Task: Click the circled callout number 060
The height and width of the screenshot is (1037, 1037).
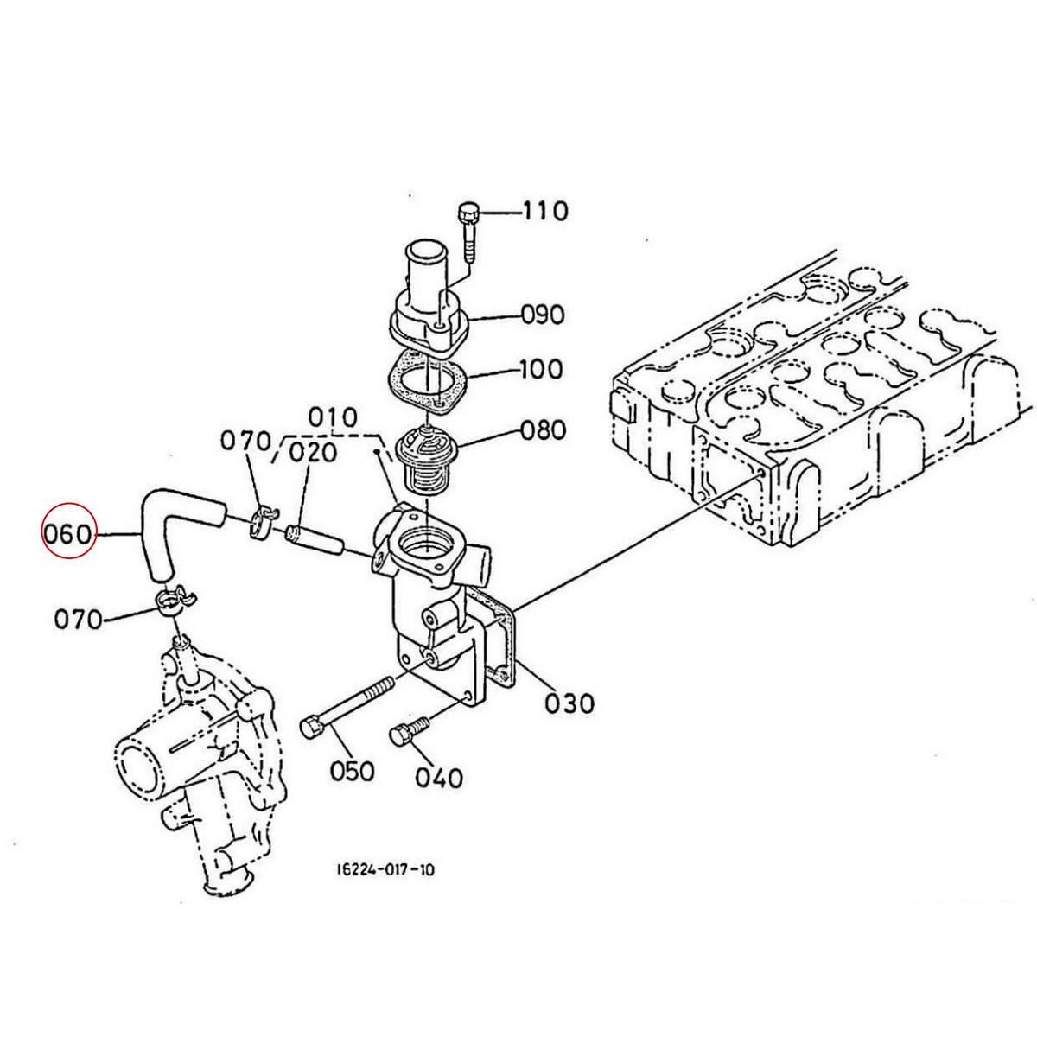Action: [69, 536]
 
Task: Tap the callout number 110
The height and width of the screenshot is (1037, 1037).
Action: [544, 211]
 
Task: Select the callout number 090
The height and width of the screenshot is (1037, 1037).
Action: [543, 315]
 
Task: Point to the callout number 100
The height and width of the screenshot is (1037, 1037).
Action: [541, 369]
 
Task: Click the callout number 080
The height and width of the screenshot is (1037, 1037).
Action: [543, 429]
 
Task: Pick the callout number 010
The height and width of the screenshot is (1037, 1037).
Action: [333, 417]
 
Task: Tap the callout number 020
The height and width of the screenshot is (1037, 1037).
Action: [313, 453]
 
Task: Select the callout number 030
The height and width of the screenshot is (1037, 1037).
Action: [569, 703]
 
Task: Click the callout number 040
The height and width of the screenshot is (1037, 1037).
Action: [439, 778]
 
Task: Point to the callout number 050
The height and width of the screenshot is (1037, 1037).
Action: [352, 771]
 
